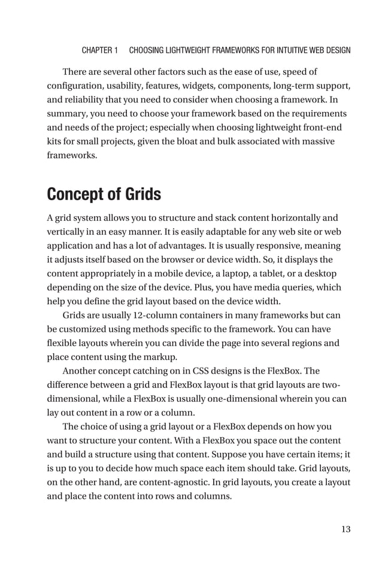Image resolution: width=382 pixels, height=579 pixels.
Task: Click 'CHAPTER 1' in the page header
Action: click(99, 50)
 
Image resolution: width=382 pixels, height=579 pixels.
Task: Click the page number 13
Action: click(345, 529)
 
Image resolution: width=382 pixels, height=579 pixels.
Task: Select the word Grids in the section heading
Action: click(144, 195)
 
